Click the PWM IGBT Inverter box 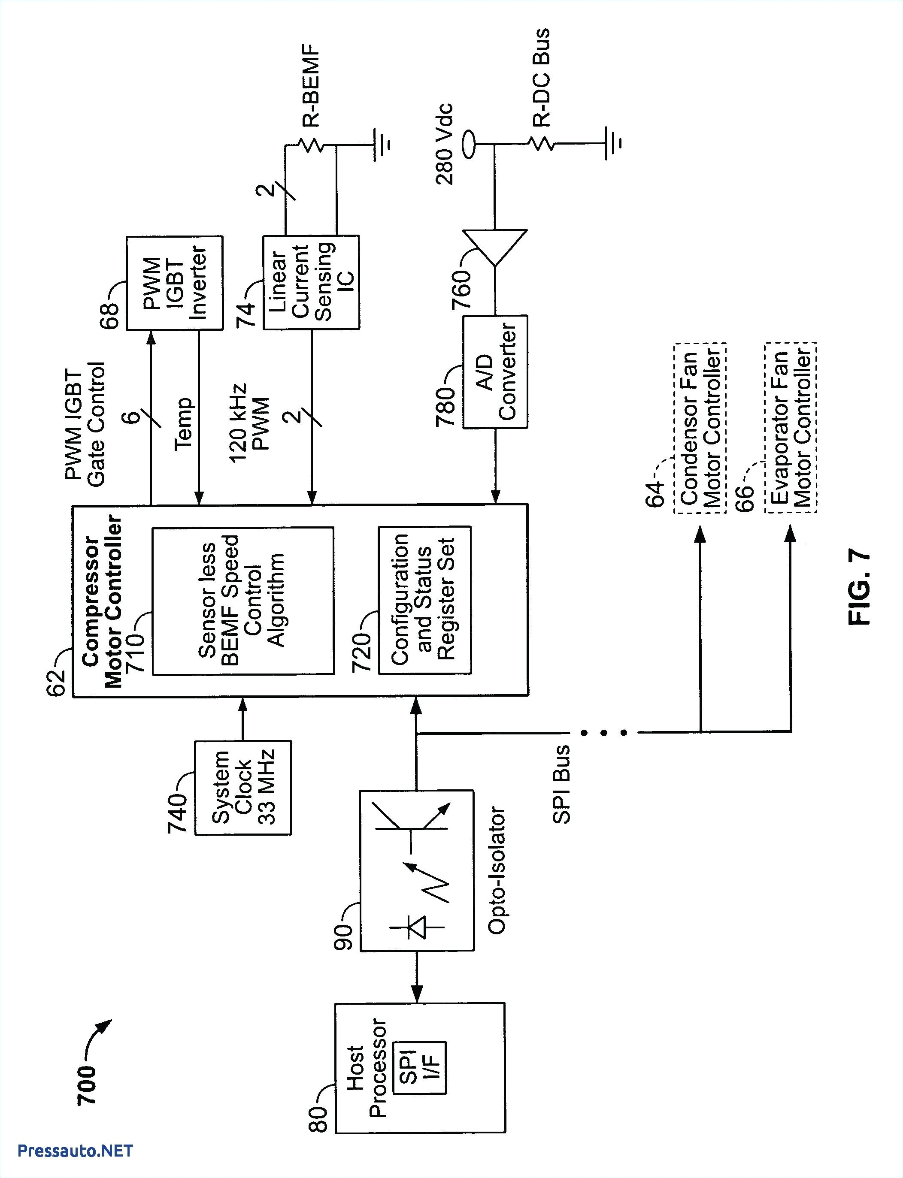tap(174, 283)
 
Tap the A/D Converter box tap(495, 371)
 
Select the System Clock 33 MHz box tap(243, 788)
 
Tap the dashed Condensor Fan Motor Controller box tap(700, 428)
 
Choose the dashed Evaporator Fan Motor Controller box tap(790, 428)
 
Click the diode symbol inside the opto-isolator tap(417, 927)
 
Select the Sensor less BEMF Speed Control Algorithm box tap(243, 601)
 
